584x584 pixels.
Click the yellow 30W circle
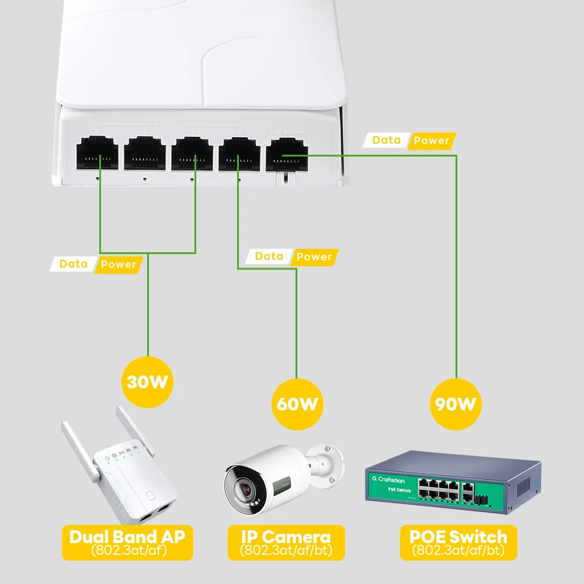tap(148, 382)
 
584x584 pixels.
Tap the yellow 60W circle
tap(297, 403)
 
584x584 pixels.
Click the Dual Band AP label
tap(127, 537)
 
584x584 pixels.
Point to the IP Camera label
tap(286, 537)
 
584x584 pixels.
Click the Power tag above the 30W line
tap(118, 265)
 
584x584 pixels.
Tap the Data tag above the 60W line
tap(269, 256)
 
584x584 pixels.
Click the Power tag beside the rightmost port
tap(431, 141)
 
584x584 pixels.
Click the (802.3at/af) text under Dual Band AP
tap(127, 550)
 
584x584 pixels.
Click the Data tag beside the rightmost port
tap(386, 140)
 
